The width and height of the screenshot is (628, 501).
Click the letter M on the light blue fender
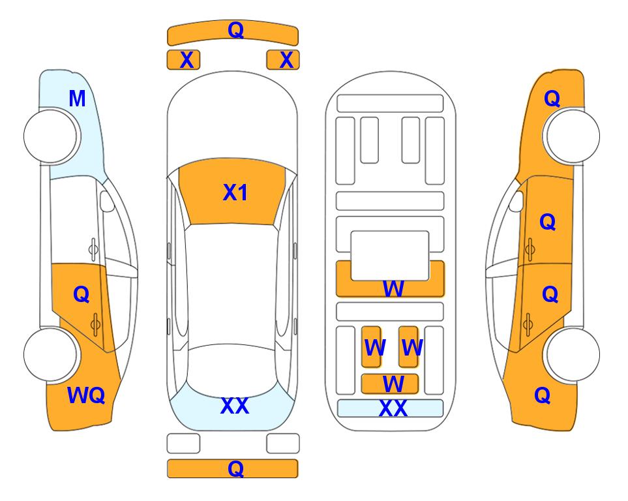point(78,99)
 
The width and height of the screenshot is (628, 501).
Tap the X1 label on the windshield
point(235,192)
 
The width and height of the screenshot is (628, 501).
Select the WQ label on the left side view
point(86,395)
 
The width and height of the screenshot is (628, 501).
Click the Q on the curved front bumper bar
point(235,29)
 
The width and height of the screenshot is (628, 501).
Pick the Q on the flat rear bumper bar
point(235,468)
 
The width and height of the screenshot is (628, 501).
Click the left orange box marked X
point(183,60)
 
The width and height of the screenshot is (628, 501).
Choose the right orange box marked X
point(283,60)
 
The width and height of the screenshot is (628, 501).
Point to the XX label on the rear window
point(235,406)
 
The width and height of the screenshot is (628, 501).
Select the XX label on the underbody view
point(393,408)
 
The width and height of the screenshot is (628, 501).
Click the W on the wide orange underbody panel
point(393,288)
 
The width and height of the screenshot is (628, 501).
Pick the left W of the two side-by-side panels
point(375,348)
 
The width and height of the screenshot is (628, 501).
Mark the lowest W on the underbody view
point(393,384)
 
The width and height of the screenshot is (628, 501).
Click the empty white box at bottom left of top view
point(183,444)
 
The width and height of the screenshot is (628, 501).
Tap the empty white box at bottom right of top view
point(283,444)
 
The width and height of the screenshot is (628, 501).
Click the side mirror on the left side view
point(106,201)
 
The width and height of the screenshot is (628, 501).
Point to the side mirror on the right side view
point(516,201)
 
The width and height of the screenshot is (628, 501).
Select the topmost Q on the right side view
point(552,99)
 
